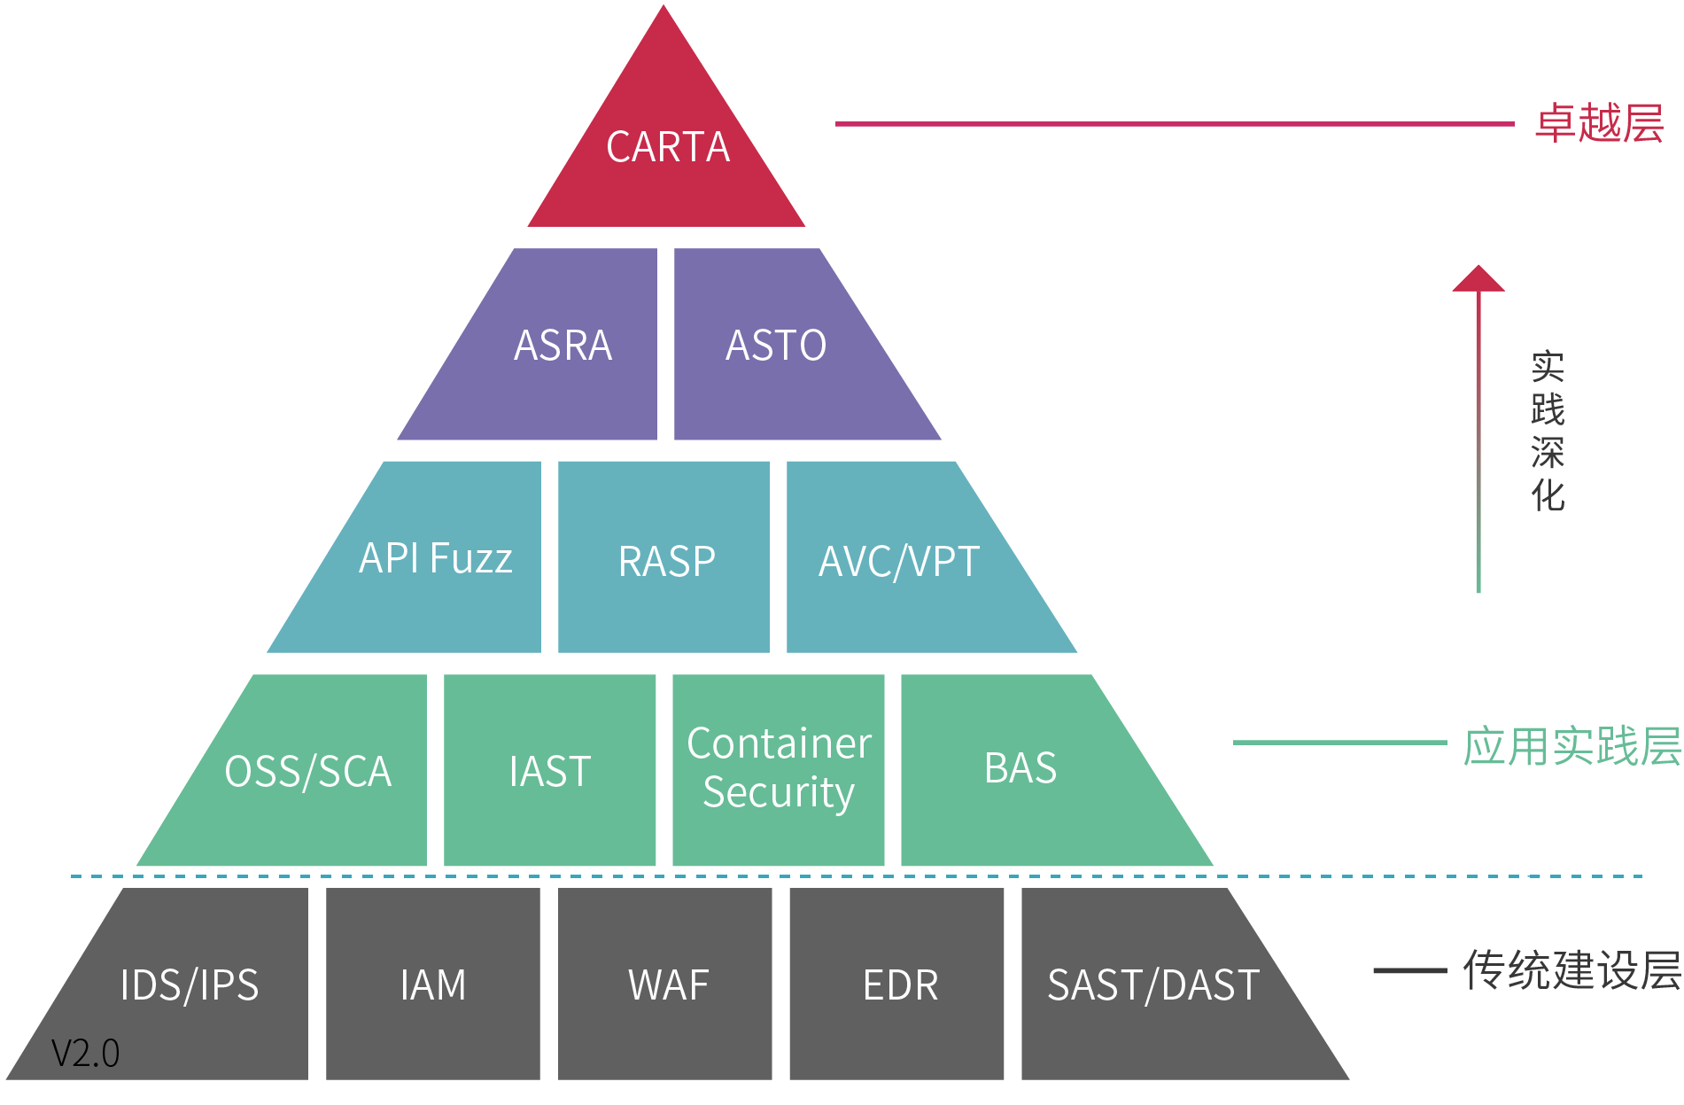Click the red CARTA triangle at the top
tap(666, 146)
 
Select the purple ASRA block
tap(549, 345)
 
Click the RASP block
tap(664, 557)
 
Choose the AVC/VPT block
tap(912, 557)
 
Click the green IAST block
tap(549, 770)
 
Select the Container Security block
tap(779, 770)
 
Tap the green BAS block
tap(1036, 770)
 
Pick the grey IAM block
tap(433, 984)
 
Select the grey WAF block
tap(664, 984)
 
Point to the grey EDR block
tap(896, 984)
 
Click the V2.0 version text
tap(85, 1054)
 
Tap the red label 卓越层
tap(1600, 123)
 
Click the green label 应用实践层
tap(1572, 745)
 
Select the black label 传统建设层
tap(1572, 969)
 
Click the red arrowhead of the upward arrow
tap(1478, 278)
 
